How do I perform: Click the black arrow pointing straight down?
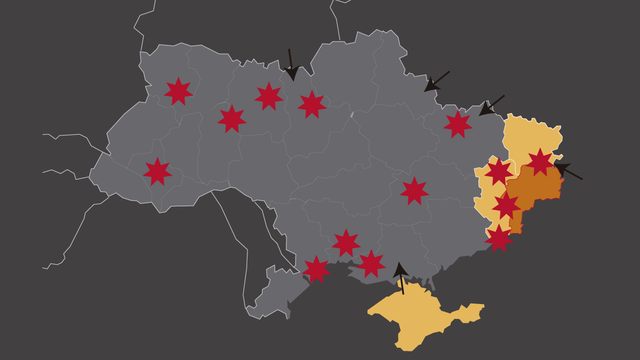291,64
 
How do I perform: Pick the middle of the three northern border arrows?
436,81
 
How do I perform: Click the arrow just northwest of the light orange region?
491,105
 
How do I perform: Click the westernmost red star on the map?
157,171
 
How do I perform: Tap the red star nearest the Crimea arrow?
371,263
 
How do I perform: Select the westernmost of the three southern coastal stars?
316,269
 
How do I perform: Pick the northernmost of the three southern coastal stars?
346,242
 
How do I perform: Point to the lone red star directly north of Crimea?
414,190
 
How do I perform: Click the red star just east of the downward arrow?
312,103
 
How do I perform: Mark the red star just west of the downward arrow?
268,96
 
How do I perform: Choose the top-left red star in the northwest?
178,91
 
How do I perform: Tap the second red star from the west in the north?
232,118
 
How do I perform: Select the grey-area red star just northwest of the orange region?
458,124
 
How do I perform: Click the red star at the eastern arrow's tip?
540,161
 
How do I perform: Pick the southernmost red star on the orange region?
498,237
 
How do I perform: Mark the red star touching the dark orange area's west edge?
507,205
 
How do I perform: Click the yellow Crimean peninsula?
420,318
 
